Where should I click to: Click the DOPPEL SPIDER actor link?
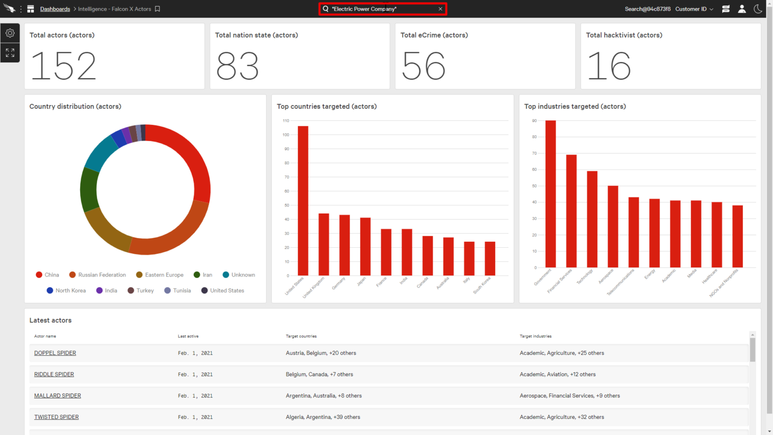point(55,353)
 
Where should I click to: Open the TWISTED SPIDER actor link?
point(56,417)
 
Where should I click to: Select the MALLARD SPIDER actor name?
point(57,396)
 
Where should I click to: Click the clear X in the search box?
point(440,9)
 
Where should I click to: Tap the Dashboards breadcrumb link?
point(55,9)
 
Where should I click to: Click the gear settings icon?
point(10,33)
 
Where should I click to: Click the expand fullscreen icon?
point(10,53)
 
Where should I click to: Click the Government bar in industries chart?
point(551,194)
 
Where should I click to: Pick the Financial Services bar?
point(571,211)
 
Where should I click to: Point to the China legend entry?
point(47,275)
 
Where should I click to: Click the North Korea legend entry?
point(66,291)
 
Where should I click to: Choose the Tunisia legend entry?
point(178,291)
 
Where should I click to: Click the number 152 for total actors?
point(63,66)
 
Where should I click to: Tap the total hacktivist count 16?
point(609,66)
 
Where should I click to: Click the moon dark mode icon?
point(758,9)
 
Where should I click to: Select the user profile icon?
point(742,9)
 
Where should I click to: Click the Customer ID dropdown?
point(694,9)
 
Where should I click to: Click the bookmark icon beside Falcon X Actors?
point(158,9)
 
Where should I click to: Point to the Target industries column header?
point(535,336)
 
